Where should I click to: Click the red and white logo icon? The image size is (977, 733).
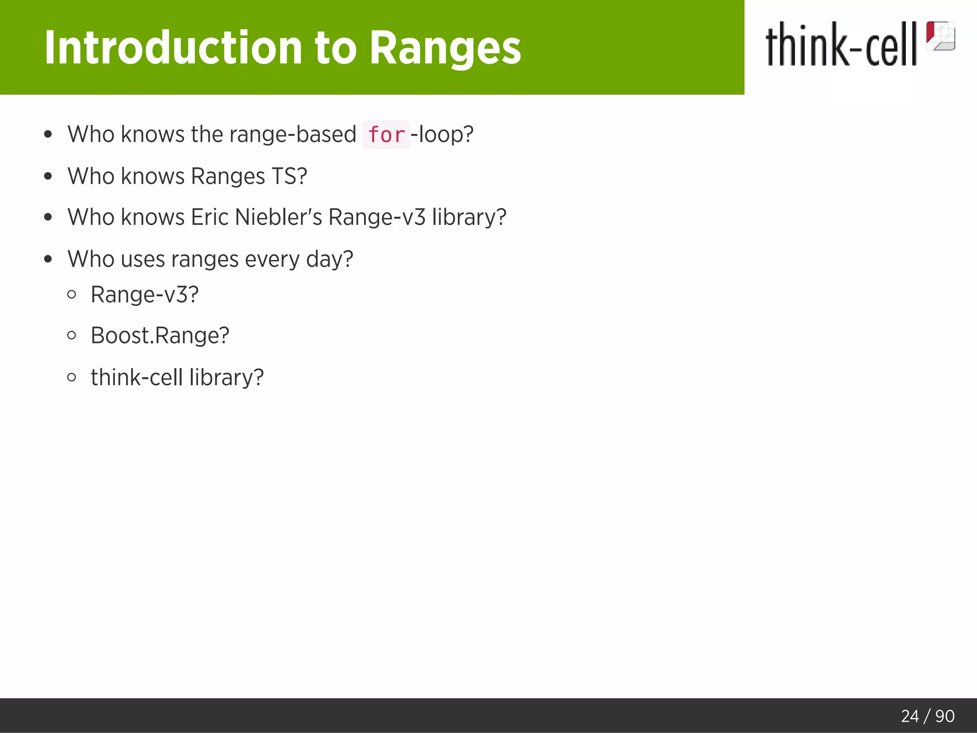[x=940, y=36]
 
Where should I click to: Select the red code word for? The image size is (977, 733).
[x=386, y=135]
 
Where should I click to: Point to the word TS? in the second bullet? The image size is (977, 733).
[x=289, y=176]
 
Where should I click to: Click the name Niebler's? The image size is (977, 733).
[x=279, y=217]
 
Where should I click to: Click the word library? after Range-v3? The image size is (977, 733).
[x=469, y=217]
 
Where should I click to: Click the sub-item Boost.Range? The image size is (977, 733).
[x=160, y=335]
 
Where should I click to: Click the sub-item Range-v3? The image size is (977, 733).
[x=145, y=294]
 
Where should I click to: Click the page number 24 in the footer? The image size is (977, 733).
[x=910, y=716]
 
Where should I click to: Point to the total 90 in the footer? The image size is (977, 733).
[x=945, y=716]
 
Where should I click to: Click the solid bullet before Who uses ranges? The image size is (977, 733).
[x=48, y=259]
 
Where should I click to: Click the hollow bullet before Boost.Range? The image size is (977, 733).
[x=72, y=335]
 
